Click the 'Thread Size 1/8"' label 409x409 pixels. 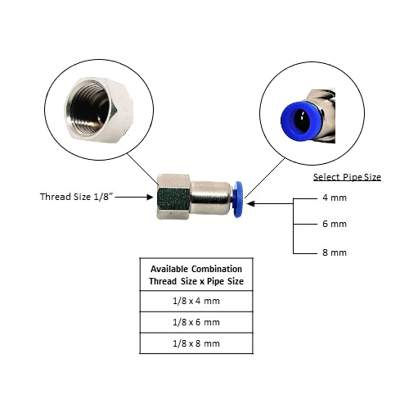pos(77,197)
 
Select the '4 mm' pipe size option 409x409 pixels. pos(335,198)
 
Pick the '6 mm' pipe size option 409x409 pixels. pos(335,224)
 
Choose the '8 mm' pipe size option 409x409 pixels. pos(335,252)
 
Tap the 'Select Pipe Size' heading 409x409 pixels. pos(347,177)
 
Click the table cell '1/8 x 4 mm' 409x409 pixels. pos(196,301)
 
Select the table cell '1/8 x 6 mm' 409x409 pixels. pos(196,322)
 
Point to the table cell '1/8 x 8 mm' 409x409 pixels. pos(196,343)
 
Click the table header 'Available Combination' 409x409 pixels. pos(196,269)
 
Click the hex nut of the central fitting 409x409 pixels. pos(173,197)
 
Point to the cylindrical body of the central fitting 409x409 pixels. pos(210,198)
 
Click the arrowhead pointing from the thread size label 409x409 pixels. pos(150,197)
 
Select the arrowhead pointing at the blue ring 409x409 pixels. pos(250,204)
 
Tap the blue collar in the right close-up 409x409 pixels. pos(302,120)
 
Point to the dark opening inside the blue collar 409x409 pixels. pos(301,121)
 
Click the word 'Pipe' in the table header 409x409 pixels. pos(215,281)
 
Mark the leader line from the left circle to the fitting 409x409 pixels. pos(142,169)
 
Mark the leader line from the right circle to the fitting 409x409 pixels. pos(265,178)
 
